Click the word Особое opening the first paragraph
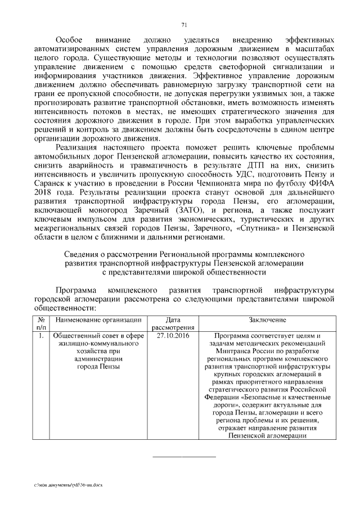[x=69, y=42]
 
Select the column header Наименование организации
[x=96, y=320]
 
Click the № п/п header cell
[x=40, y=323]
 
